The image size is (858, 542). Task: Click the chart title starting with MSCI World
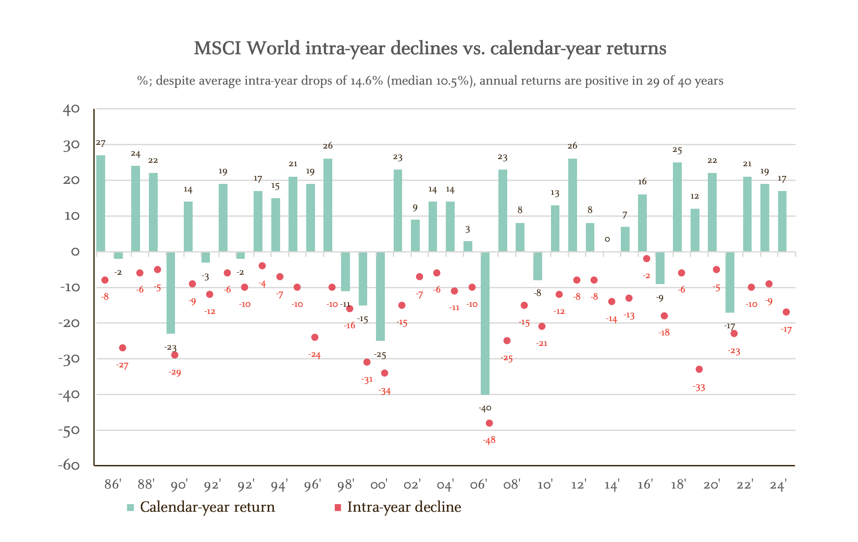430,48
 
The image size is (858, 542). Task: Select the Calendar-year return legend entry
207,507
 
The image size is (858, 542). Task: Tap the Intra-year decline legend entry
404,507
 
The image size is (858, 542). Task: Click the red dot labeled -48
489,423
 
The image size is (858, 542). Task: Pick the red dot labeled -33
699,369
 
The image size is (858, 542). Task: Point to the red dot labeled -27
122,348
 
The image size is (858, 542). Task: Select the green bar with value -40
485,323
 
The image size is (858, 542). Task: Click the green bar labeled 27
101,203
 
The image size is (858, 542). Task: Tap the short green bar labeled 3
468,247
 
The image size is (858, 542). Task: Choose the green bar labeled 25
677,207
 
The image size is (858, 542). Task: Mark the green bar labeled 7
625,239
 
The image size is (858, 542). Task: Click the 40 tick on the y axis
71,109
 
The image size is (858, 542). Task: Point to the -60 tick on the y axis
69,465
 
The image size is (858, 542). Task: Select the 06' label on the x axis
478,485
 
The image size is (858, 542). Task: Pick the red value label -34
384,391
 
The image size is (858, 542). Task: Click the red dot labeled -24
315,337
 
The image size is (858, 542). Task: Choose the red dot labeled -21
542,326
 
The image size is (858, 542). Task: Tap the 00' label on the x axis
379,485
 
